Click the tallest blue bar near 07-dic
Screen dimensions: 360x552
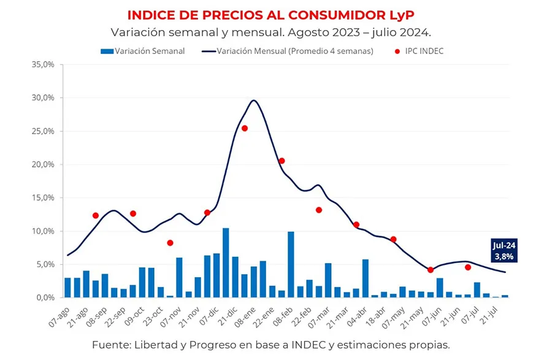coord(226,262)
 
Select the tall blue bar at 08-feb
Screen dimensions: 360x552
coord(291,264)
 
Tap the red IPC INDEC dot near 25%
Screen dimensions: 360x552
coord(244,128)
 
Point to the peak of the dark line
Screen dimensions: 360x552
coord(253,101)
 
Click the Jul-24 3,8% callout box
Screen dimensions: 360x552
coord(504,250)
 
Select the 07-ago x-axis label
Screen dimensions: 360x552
coord(60,316)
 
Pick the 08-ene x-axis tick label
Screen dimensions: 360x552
coord(247,316)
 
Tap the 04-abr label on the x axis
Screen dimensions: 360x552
coord(358,316)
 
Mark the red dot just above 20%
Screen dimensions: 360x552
coord(282,161)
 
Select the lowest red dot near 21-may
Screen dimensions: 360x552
coord(431,270)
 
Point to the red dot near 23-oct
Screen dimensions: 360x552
coord(170,243)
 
